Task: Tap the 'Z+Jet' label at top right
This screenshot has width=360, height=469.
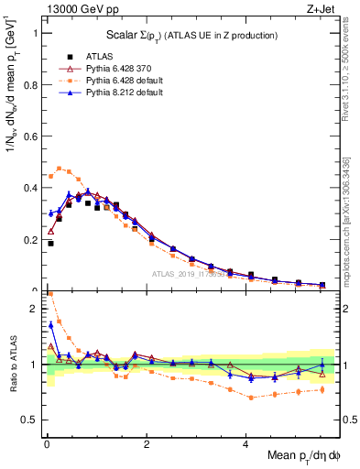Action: tap(320, 10)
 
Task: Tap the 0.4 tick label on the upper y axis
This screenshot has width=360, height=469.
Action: tap(29, 188)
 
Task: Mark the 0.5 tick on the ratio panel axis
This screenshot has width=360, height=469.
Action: tap(29, 420)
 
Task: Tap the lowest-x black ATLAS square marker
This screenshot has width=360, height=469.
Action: tap(50, 244)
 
